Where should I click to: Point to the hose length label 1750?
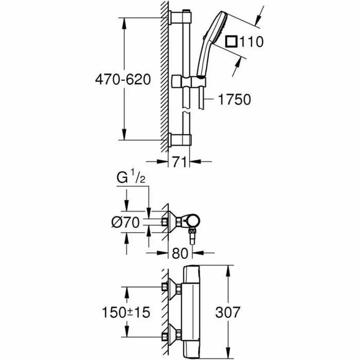click(233, 99)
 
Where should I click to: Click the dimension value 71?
click(179, 162)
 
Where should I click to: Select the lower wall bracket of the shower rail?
click(180, 139)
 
